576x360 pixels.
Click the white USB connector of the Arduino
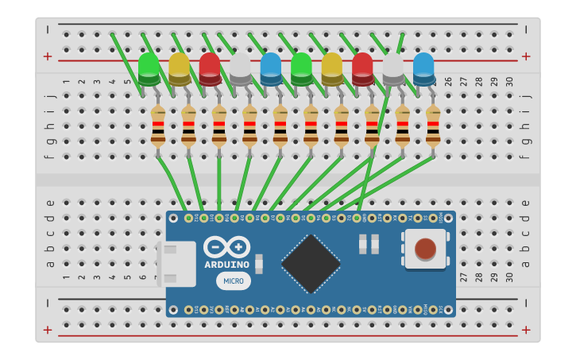pyautogui.click(x=177, y=264)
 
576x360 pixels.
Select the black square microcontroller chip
pyautogui.click(x=311, y=264)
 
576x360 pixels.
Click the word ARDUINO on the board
pyautogui.click(x=226, y=265)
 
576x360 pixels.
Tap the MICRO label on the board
pyautogui.click(x=233, y=281)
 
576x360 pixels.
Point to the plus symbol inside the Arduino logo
pyautogui.click(x=238, y=248)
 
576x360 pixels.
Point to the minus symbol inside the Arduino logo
pyautogui.click(x=215, y=248)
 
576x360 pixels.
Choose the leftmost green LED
pyautogui.click(x=149, y=69)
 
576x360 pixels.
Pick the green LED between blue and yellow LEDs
pyautogui.click(x=301, y=69)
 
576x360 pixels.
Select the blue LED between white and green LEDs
pyautogui.click(x=271, y=69)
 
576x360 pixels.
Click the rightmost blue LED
pyautogui.click(x=423, y=69)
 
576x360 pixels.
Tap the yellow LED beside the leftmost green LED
pyautogui.click(x=180, y=69)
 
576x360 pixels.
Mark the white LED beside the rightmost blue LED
pyautogui.click(x=393, y=69)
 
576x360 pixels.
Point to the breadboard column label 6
pyautogui.click(x=143, y=82)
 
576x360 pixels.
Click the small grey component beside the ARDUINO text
pyautogui.click(x=259, y=265)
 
